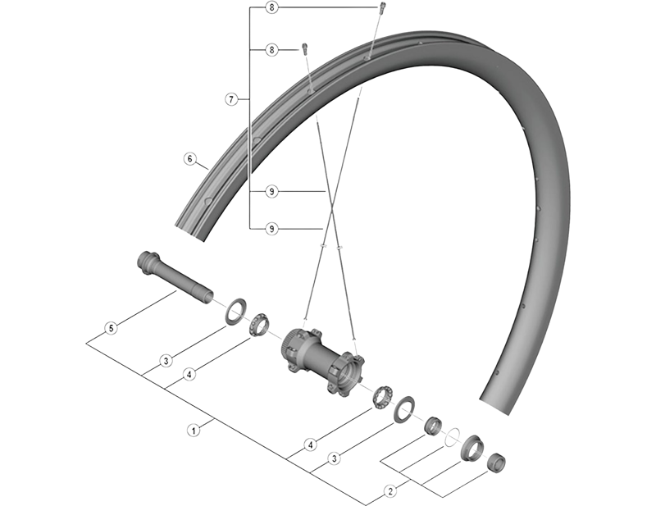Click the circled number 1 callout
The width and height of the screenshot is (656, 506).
tap(194, 428)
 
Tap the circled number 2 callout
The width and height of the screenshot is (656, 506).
tap(391, 492)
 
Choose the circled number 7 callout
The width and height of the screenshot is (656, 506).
tap(231, 99)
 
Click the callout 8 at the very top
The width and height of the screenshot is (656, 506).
tap(272, 7)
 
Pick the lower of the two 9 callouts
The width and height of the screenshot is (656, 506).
tap(272, 228)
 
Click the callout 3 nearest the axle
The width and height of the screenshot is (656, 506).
tap(166, 360)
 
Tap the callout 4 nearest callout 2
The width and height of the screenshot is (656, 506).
tap(309, 445)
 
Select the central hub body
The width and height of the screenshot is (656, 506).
tap(321, 362)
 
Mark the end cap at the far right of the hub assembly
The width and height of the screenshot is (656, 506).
tap(497, 463)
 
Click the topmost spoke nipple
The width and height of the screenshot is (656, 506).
tap(381, 9)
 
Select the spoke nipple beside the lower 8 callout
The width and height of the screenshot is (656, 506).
tap(305, 48)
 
